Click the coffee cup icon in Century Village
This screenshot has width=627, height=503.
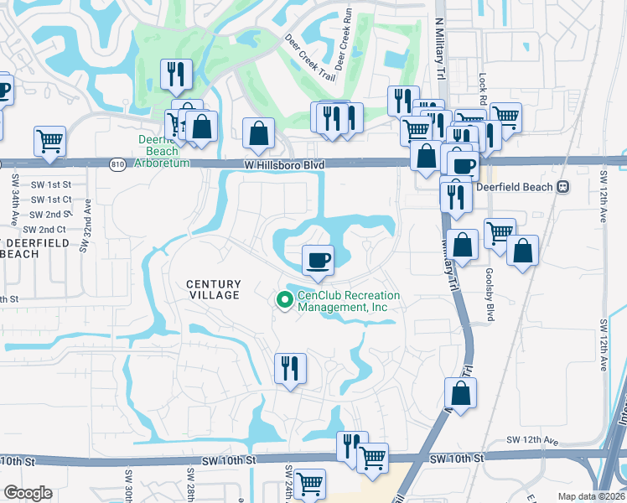point(318,260)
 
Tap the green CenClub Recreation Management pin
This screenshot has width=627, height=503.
point(285,299)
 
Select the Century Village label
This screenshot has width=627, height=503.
point(213,290)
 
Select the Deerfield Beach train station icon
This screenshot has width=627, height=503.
point(563,186)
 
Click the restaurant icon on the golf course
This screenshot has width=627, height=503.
point(176,75)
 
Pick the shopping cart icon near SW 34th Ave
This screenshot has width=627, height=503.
point(50,141)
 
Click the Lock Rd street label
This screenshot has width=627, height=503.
point(483,84)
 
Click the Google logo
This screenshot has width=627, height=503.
point(28,493)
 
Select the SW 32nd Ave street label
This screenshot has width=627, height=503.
point(84,231)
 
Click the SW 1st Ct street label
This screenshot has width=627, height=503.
point(50,200)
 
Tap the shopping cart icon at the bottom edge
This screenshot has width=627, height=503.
point(309,485)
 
